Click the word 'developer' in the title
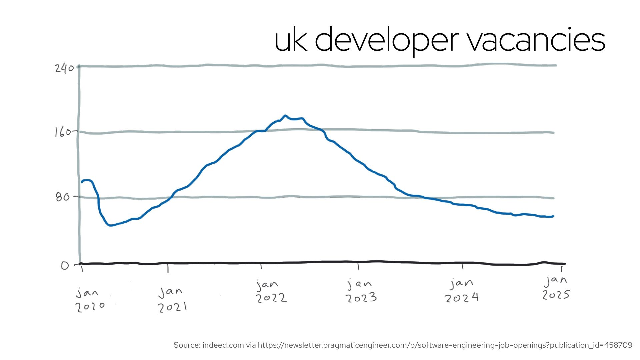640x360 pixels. pyautogui.click(x=387, y=40)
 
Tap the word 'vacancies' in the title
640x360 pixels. pyautogui.click(x=536, y=40)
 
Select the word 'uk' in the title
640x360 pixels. pyautogui.click(x=290, y=40)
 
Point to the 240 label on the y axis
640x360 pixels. pyautogui.click(x=64, y=68)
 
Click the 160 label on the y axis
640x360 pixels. pyautogui.click(x=63, y=132)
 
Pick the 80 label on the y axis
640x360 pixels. pyautogui.click(x=63, y=197)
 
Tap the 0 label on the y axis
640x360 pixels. pyautogui.click(x=65, y=266)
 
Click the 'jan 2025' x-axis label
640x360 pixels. pyautogui.click(x=556, y=288)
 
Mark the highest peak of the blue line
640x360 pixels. pyautogui.click(x=285, y=116)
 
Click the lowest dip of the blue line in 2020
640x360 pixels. pyautogui.click(x=110, y=226)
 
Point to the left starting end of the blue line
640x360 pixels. pyautogui.click(x=82, y=182)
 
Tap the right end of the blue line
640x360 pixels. pyautogui.click(x=553, y=216)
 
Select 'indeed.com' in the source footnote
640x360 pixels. pyautogui.click(x=223, y=345)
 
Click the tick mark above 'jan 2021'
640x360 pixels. pyautogui.click(x=168, y=268)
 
